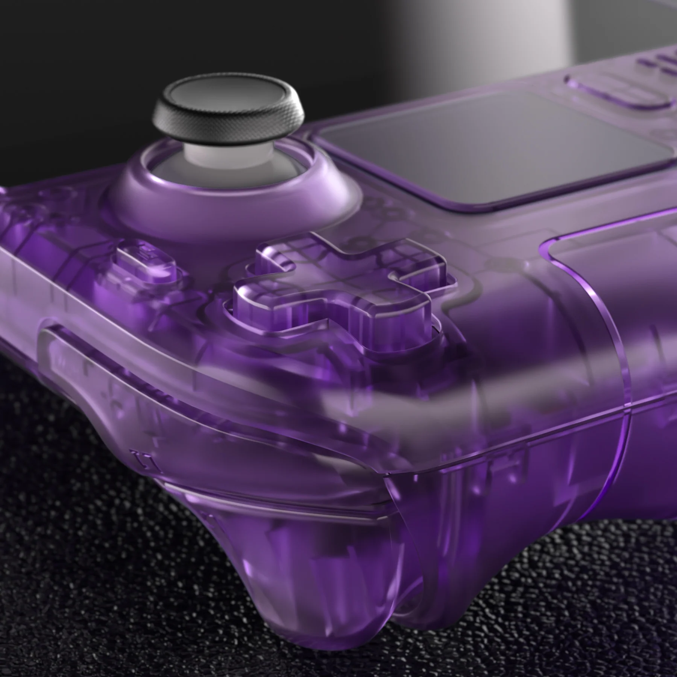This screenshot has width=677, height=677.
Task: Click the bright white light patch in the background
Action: click(x=564, y=30)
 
